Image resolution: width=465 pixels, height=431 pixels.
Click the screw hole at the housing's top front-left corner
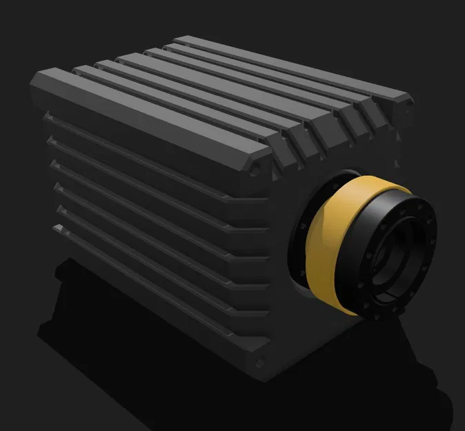point(256,168)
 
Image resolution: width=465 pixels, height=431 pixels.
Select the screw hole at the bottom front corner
point(259,363)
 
